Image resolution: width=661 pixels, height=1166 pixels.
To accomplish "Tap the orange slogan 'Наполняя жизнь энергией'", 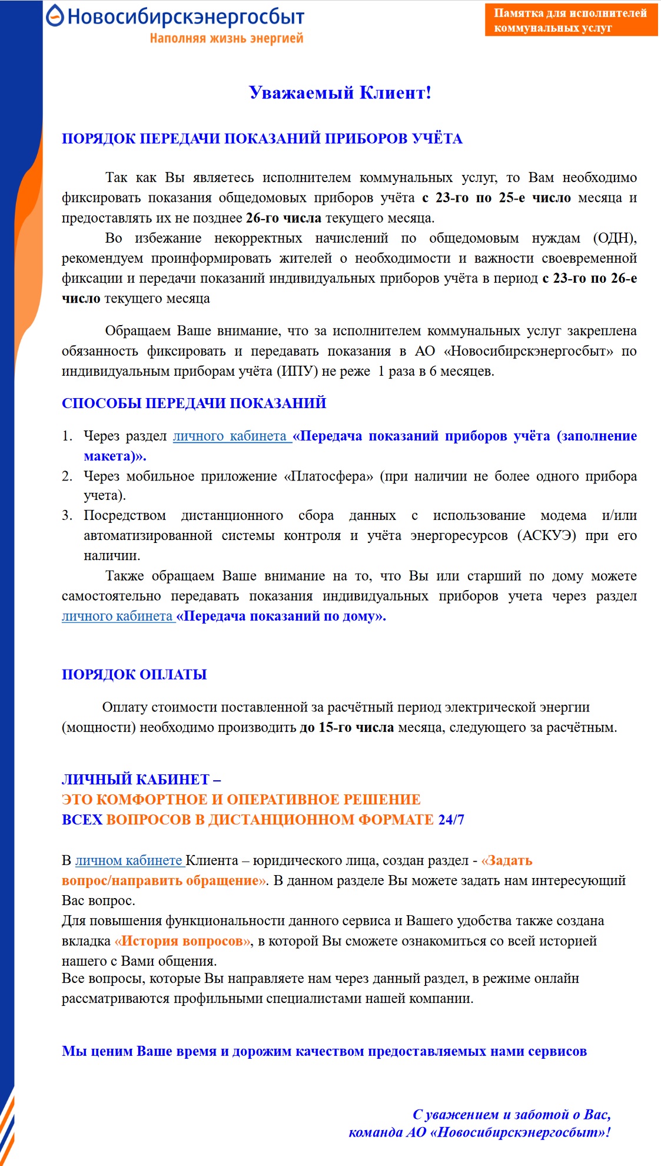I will pos(227,38).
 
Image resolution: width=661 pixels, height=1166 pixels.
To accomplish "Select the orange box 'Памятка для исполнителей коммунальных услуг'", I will pos(570,20).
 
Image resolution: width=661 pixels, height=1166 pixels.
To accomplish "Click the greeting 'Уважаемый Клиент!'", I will pos(340,92).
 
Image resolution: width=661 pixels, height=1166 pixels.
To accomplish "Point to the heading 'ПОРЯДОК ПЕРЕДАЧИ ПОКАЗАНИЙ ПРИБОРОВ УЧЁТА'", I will pos(262,138).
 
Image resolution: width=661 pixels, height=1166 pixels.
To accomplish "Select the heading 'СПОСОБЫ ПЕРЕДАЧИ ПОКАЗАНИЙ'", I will pos(194,403).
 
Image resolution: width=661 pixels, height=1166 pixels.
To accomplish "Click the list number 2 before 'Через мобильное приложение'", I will pos(67,476).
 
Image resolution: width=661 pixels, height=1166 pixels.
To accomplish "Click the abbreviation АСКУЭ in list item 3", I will pos(547,535).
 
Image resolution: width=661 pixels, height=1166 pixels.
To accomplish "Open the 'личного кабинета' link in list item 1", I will pos(230,436).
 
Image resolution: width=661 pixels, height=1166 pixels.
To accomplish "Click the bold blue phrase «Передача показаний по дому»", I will pos(281,616).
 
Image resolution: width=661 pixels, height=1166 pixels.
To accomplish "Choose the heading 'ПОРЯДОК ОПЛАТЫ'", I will pos(134,674).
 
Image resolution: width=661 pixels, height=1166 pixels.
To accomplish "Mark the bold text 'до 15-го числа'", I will pos(347,727).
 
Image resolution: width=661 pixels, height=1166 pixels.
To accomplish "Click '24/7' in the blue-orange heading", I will pos(451,819).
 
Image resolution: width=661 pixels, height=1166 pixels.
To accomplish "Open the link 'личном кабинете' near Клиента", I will pos(129,860).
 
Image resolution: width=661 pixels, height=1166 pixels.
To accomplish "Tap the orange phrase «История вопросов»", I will pos(183,940).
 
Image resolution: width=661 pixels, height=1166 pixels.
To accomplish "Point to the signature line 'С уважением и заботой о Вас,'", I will pos(511,1114).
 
